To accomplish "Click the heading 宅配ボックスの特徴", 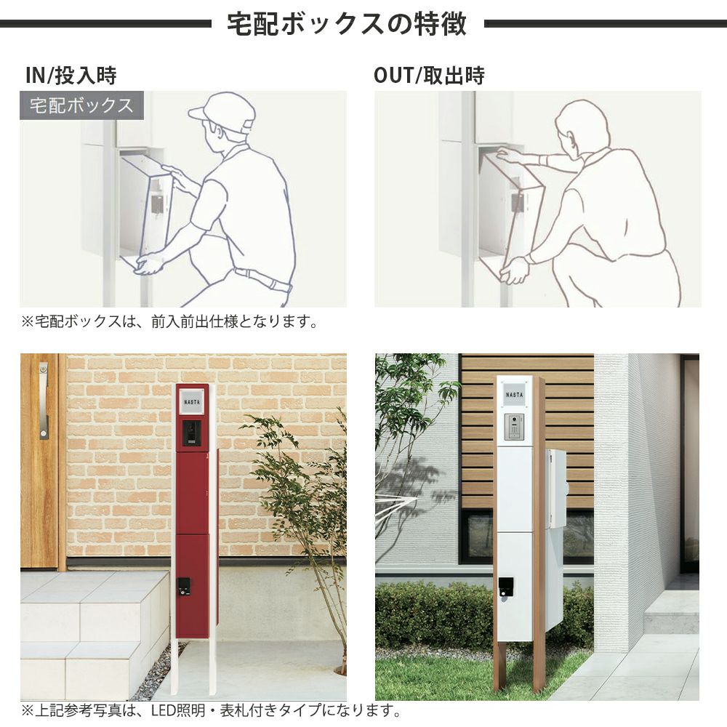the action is tap(346, 24).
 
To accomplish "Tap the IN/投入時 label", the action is tap(71, 76).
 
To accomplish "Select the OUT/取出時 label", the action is tap(429, 76).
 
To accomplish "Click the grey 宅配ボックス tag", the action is tap(81, 105).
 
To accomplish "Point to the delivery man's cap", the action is tap(223, 113).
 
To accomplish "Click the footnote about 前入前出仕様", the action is tap(169, 321).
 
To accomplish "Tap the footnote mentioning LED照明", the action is tap(211, 710).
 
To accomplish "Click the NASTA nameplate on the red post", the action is tap(192, 401).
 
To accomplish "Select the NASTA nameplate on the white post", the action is tap(514, 395).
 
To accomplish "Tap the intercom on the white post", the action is tap(514, 427).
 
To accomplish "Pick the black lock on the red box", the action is tap(184, 587).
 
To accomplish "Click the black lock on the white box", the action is tap(505, 586).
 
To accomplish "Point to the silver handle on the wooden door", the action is tap(44, 401).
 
